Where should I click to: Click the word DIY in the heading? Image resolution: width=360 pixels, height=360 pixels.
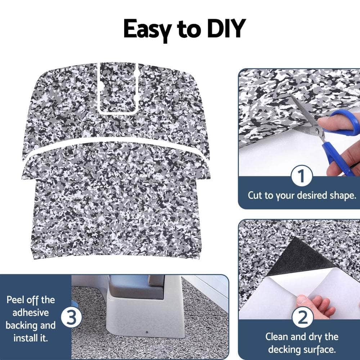click(x=225, y=29)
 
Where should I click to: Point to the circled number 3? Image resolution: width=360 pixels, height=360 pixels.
click(x=71, y=318)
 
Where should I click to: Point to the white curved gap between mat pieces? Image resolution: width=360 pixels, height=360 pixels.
click(x=115, y=144)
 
